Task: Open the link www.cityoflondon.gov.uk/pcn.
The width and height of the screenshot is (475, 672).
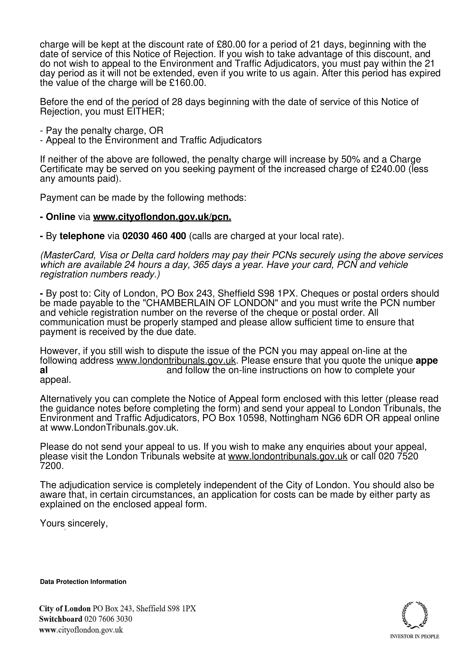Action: [162, 217]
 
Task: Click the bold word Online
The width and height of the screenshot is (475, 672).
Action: [60, 217]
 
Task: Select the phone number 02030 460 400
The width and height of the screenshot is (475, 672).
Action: [154, 236]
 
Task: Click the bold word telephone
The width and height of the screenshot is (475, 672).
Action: [82, 236]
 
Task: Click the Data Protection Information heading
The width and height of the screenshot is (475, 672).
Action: [83, 582]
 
